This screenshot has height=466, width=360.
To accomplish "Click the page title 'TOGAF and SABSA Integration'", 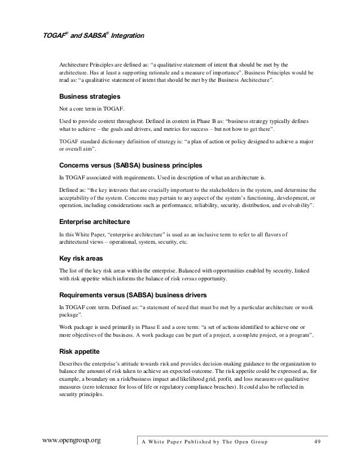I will point(94,36).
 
